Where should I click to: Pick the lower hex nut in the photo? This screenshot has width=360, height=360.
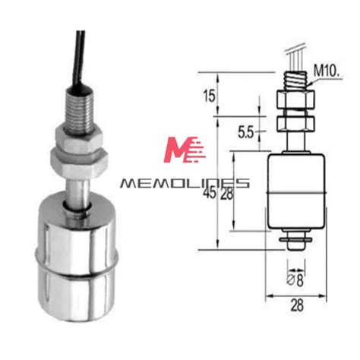point(78,160)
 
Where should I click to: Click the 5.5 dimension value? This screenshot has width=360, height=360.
point(245,132)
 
